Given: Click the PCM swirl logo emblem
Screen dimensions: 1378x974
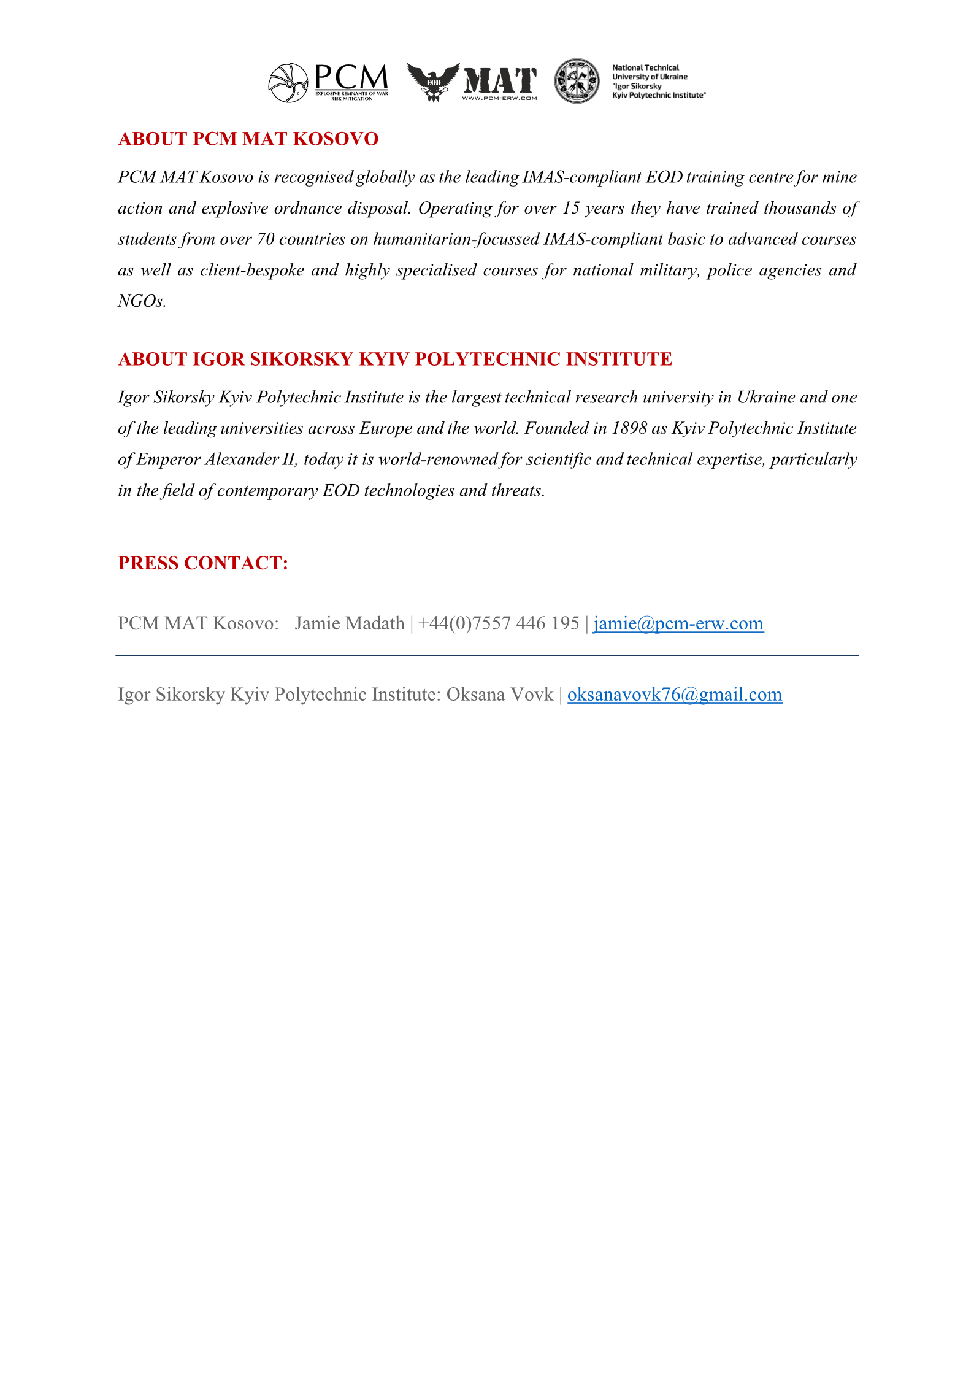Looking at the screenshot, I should pos(288,83).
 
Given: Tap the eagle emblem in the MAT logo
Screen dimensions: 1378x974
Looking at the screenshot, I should pos(433,82).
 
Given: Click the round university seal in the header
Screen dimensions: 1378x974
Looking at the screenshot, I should pos(577,81).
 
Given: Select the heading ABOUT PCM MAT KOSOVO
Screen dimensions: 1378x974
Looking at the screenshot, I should pos(248,139).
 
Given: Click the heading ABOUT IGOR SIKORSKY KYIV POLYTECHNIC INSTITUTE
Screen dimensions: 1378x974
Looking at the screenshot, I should pos(395,359).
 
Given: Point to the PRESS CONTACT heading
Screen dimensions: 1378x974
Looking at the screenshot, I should pos(203,563).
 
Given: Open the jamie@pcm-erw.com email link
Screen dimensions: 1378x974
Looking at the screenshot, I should pos(678,623).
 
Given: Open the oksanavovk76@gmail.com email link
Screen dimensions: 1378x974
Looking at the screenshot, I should pos(674,695).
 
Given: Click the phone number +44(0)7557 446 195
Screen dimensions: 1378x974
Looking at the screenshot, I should pos(498,623).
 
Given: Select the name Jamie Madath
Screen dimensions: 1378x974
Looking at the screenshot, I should pos(349,623).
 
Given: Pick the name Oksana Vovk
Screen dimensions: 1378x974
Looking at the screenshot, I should pos(499,695).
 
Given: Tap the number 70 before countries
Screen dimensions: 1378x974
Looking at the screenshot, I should pos(266,239).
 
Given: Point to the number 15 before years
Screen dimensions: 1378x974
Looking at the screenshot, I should pos(570,208).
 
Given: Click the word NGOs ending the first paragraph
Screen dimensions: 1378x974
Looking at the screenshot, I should pos(141,301).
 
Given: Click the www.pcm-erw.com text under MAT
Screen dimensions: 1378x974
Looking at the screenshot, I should pos(499,98).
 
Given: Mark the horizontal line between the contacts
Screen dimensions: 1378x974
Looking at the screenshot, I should pos(487,655).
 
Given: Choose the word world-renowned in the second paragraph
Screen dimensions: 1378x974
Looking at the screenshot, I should pos(438,460).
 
